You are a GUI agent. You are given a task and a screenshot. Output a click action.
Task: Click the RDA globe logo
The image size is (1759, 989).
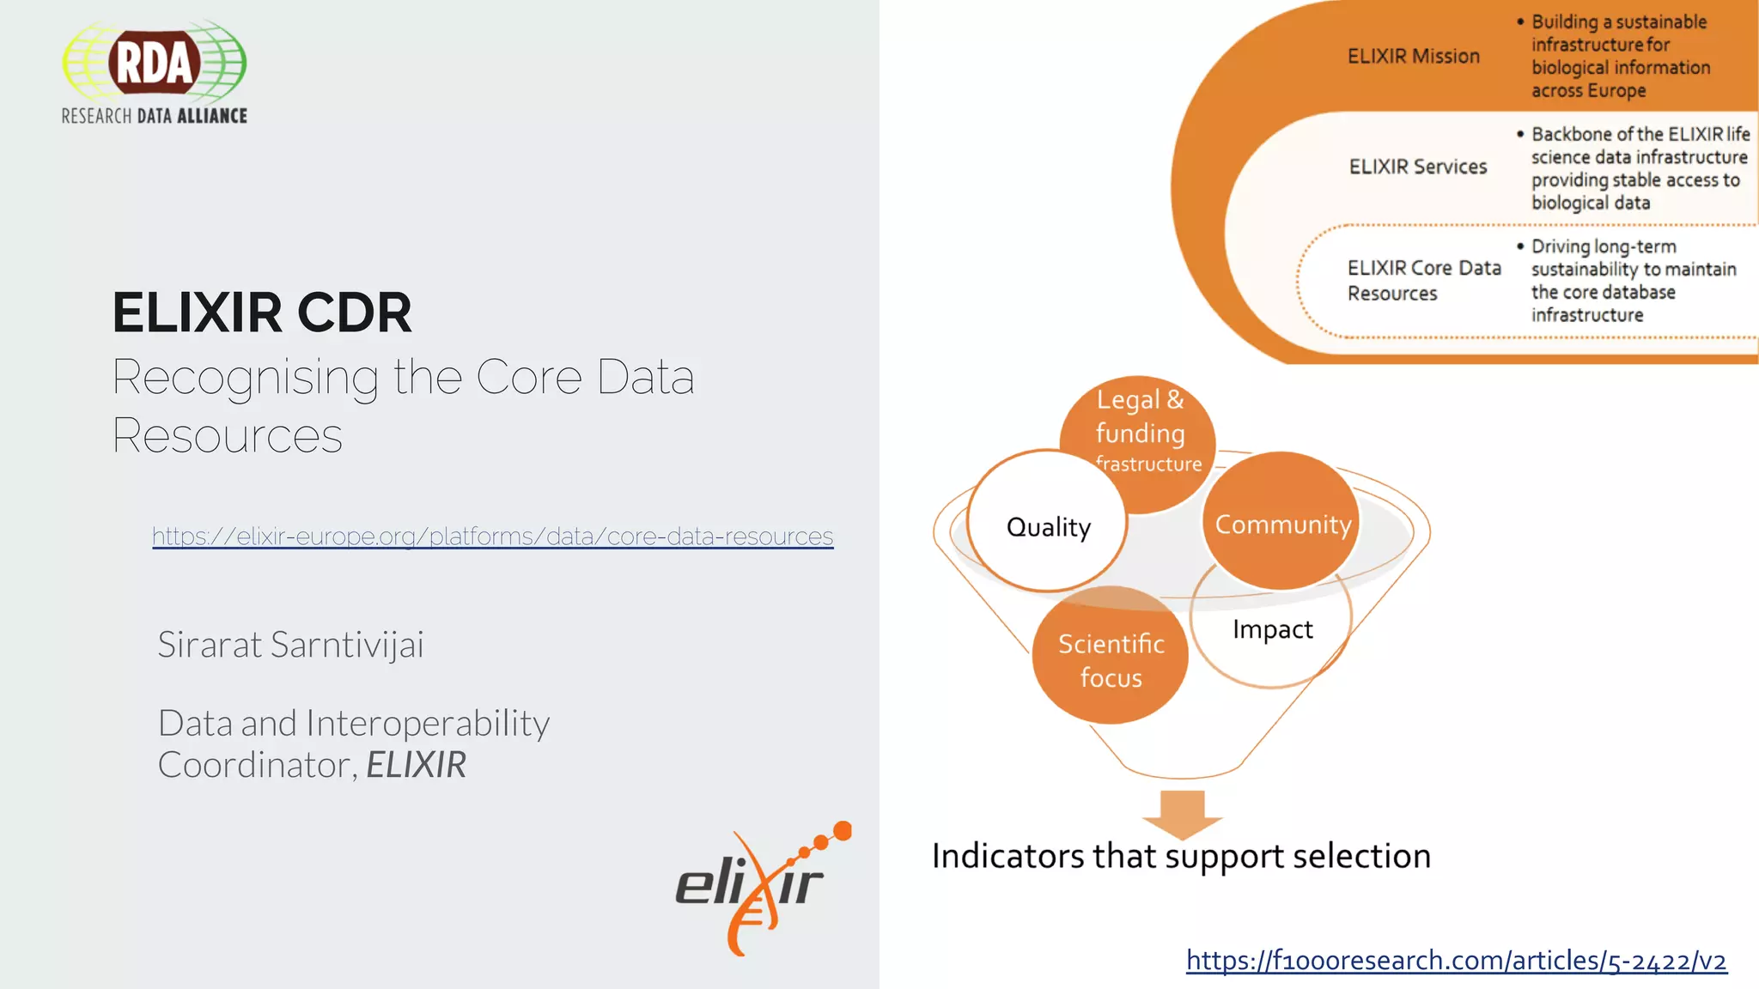155,62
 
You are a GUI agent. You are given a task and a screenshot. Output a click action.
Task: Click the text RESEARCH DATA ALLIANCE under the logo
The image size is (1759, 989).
155,116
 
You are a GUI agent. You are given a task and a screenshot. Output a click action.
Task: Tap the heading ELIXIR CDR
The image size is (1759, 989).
262,312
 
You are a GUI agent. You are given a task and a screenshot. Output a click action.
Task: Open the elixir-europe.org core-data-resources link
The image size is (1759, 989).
492,537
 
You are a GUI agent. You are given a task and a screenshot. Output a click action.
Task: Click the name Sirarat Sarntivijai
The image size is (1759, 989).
290,645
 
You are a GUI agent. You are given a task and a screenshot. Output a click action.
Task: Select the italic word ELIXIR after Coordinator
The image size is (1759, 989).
416,765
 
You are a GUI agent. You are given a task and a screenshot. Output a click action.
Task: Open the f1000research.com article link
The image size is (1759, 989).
1456,960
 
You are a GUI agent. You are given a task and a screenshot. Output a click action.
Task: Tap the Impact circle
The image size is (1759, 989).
1272,629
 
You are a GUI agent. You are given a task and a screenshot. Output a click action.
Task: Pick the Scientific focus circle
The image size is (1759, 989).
1111,659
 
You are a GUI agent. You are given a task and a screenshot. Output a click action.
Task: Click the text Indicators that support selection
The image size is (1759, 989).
1181,856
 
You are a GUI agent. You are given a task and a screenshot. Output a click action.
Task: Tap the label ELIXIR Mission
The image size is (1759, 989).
1413,57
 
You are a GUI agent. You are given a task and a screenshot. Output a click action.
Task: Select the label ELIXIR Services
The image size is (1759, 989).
1417,167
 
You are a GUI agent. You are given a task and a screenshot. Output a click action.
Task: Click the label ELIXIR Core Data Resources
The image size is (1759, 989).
1423,281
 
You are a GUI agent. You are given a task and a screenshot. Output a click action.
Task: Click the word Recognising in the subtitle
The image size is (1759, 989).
246,378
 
